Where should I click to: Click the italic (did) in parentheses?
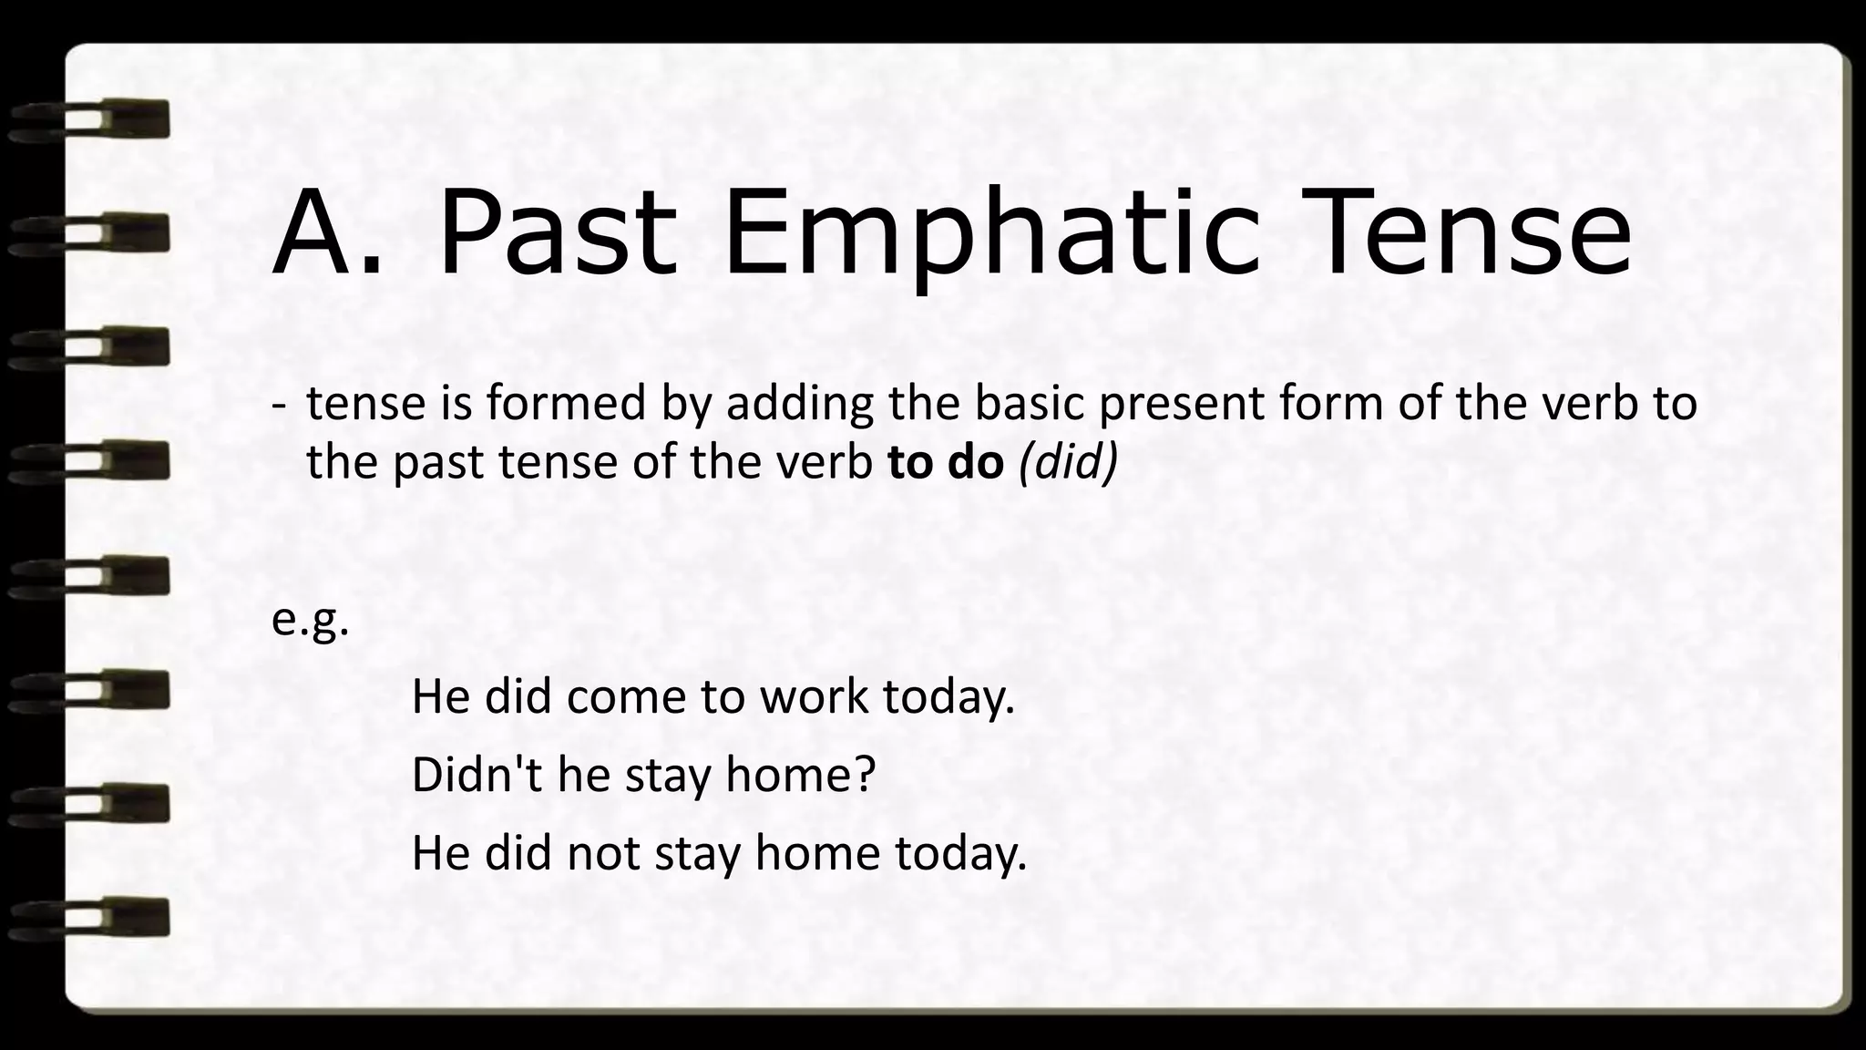(x=1068, y=463)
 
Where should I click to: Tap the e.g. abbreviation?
(x=311, y=622)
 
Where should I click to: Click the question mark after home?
(x=865, y=775)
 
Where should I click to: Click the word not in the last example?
(x=603, y=853)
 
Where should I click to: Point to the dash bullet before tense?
(x=278, y=406)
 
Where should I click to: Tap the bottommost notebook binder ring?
(x=91, y=917)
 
